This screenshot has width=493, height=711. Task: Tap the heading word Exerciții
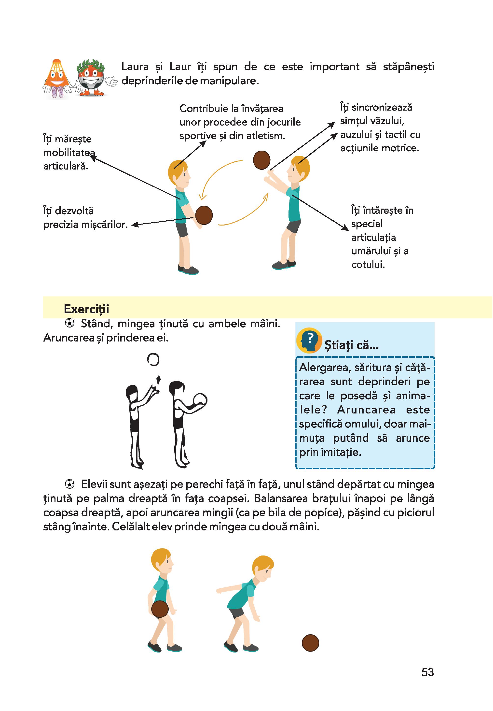86,309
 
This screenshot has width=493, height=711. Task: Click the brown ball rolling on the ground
310,643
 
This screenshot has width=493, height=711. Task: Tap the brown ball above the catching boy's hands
262,160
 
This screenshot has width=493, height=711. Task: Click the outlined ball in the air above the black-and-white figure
153,359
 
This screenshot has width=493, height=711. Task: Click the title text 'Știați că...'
352,345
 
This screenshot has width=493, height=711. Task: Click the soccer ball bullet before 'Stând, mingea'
70,323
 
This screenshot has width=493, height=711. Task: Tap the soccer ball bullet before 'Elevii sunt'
70,484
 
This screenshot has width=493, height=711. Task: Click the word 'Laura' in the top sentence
135,67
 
